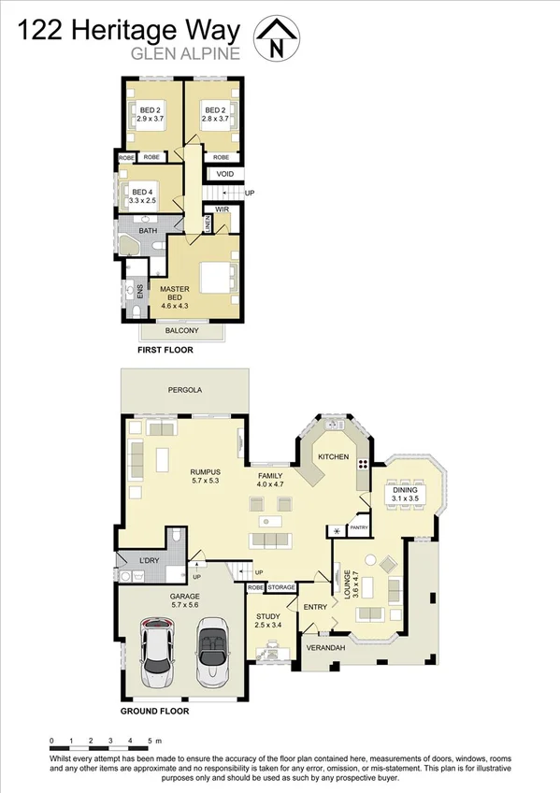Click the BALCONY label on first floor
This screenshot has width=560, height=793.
coord(181,331)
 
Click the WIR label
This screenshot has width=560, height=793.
coord(222,209)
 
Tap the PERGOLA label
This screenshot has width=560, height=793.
coord(185,389)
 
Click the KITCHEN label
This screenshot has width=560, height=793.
coord(334,456)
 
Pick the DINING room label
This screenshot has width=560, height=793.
coord(405,489)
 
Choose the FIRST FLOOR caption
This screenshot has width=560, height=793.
coord(165,350)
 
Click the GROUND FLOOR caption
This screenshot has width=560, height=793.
coord(154,711)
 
